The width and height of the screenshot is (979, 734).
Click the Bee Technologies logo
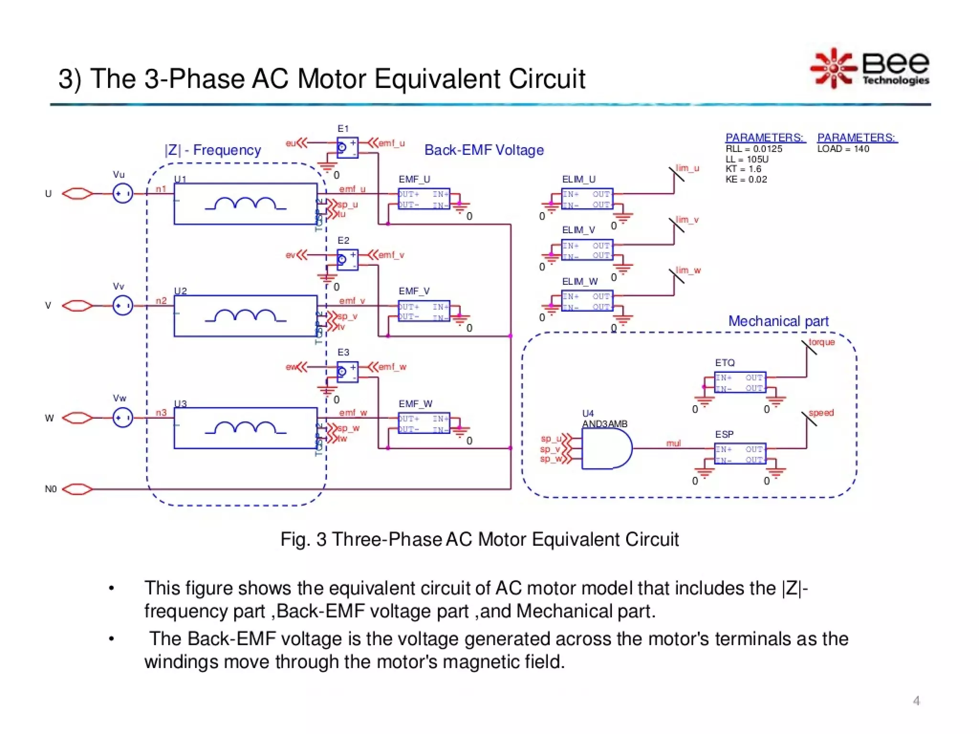point(870,68)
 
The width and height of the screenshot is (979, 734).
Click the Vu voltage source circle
point(122,194)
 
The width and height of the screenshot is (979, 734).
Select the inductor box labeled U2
point(245,316)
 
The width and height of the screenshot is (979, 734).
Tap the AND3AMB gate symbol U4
point(606,448)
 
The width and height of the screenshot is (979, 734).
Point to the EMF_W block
point(424,423)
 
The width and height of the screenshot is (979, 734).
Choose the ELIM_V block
point(587,250)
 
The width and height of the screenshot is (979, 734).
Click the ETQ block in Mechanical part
point(740,382)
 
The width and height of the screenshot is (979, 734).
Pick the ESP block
point(740,454)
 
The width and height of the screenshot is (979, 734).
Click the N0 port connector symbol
point(77,489)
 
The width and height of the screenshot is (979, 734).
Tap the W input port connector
point(77,418)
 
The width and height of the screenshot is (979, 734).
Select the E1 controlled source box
point(347,148)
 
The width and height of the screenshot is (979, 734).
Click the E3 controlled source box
point(347,372)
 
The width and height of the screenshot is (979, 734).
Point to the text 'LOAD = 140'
point(843,149)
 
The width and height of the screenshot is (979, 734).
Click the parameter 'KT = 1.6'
point(743,169)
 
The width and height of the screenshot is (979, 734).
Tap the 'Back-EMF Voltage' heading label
point(484,150)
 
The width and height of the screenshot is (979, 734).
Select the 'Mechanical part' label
point(778,321)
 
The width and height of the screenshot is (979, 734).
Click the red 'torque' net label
point(821,342)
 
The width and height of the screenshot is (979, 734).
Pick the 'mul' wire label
point(673,443)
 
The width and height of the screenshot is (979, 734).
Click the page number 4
point(916,701)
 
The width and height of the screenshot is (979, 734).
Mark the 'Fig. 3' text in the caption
point(303,539)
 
